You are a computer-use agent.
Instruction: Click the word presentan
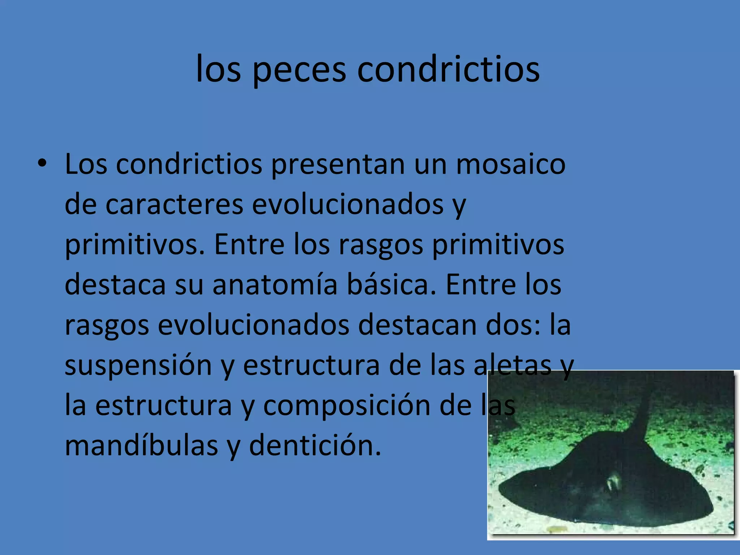338,164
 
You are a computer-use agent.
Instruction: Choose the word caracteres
174,205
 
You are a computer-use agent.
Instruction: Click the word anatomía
275,285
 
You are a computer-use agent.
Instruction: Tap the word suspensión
138,365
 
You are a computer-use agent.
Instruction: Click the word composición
347,406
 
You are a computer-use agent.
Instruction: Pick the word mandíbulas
141,446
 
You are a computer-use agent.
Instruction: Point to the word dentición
315,446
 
